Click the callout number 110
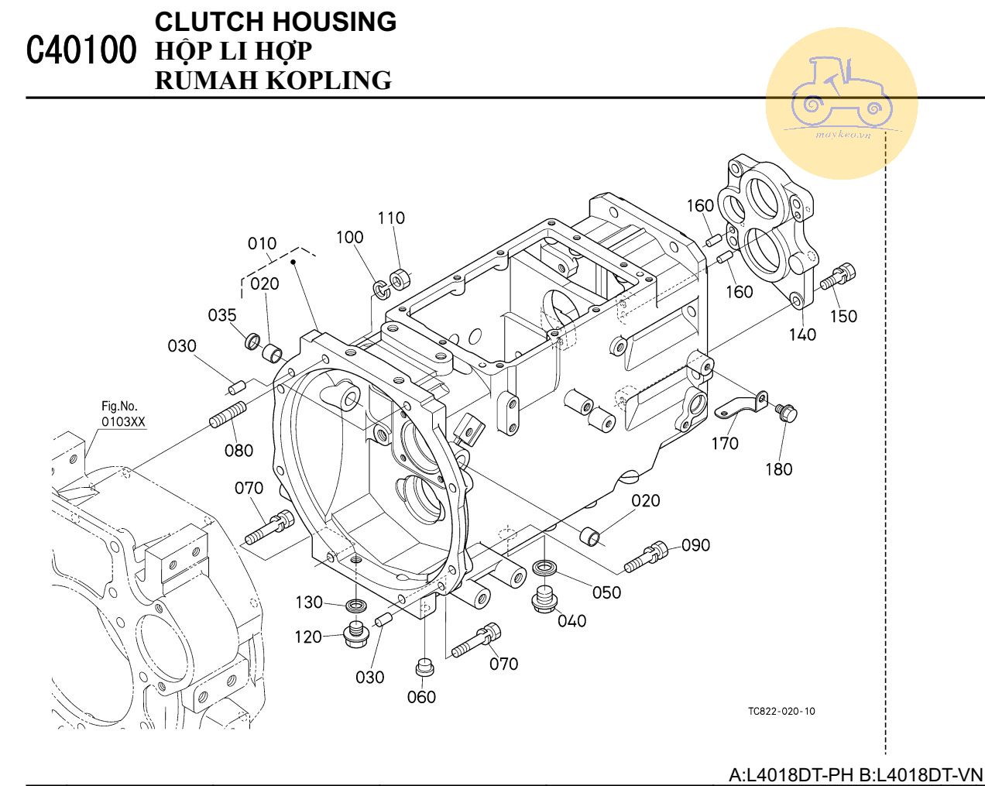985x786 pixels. (x=391, y=218)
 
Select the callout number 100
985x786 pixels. (x=349, y=237)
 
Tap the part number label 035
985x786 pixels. (x=222, y=315)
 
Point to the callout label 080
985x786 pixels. (x=239, y=450)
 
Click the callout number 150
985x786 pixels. (x=843, y=316)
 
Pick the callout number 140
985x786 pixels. (x=802, y=335)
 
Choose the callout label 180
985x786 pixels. (x=778, y=469)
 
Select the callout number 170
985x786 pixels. (x=725, y=443)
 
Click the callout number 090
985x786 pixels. (x=695, y=545)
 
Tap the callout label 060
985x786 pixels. (x=421, y=697)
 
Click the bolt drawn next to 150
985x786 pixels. (x=839, y=276)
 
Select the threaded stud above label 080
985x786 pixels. (x=227, y=414)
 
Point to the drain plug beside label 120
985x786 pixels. (x=355, y=633)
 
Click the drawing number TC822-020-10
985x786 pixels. (x=781, y=711)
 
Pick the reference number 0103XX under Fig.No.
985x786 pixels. (x=123, y=422)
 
